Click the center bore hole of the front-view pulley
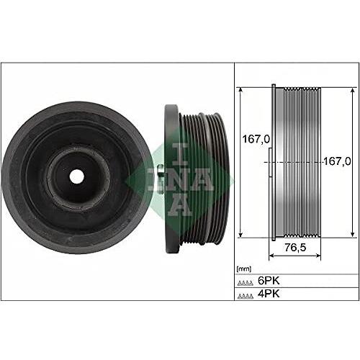(x=78, y=176)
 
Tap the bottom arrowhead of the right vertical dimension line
(x=351, y=233)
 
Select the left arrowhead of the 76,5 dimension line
(x=271, y=256)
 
